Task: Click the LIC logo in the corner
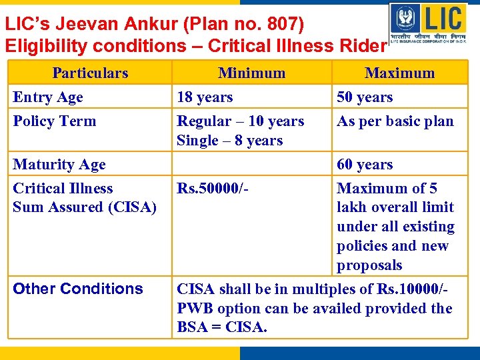point(428,23)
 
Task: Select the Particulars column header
point(90,73)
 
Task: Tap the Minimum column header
point(251,73)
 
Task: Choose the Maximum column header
point(399,73)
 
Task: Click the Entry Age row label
point(48,97)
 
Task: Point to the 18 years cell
point(205,97)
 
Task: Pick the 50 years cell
point(365,97)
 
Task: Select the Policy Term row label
point(55,121)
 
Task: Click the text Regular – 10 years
point(240,121)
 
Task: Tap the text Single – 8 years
point(229,141)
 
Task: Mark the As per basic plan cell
point(395,121)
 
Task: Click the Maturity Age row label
point(59,165)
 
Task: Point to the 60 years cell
point(365,165)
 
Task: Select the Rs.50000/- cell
point(213,189)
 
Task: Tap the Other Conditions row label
point(78,289)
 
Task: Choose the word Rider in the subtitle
point(366,45)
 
